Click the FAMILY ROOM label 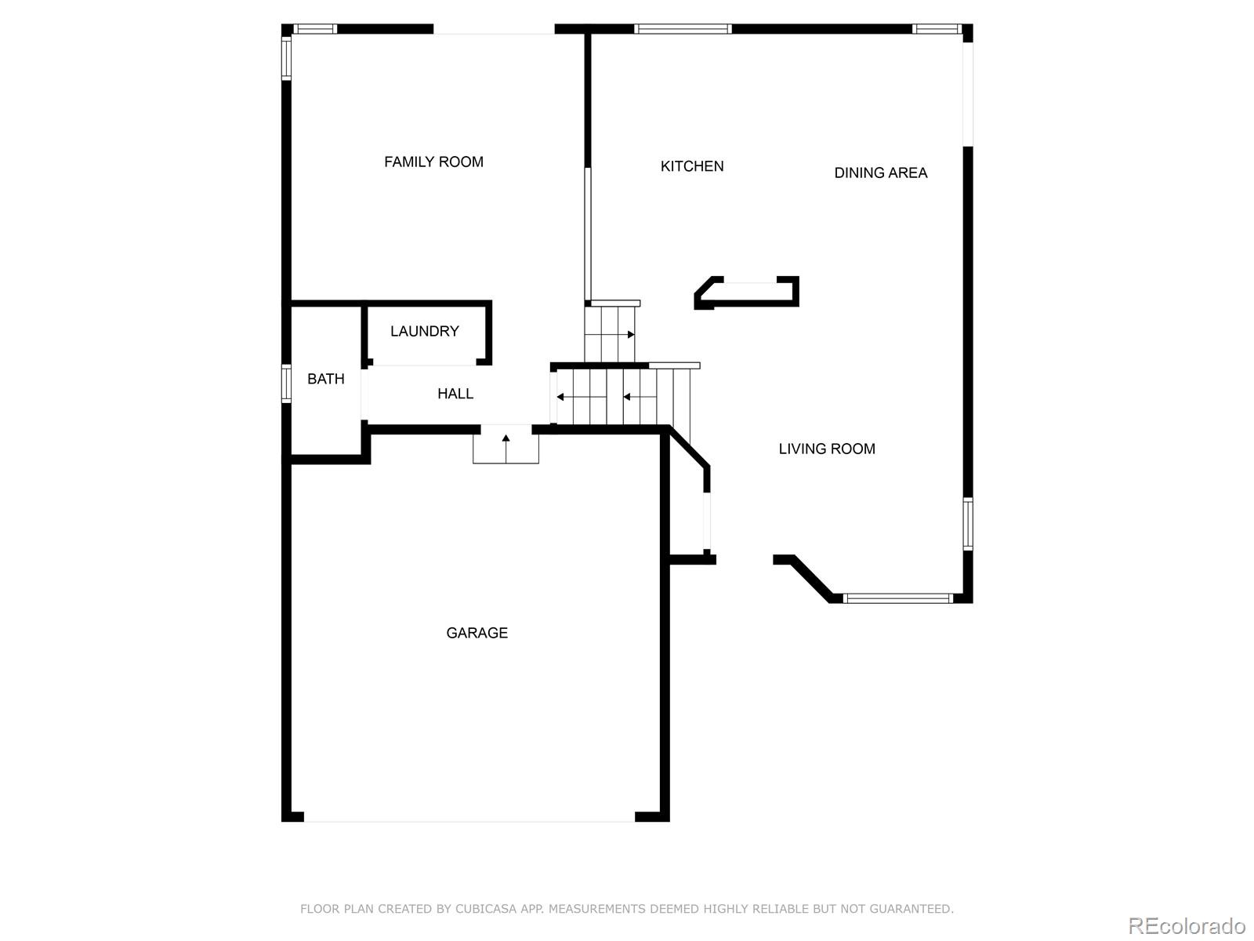tap(433, 162)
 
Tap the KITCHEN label tap(692, 166)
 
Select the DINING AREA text tap(880, 173)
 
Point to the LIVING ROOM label tap(826, 449)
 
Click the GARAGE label tap(477, 633)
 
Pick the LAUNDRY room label tap(424, 332)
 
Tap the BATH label tap(325, 380)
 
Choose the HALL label tap(455, 394)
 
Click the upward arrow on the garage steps tap(506, 438)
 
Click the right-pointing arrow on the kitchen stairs tap(630, 335)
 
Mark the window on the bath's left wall tap(286, 383)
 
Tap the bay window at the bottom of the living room tap(898, 598)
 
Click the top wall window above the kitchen tap(683, 30)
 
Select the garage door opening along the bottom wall tap(469, 820)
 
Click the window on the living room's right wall tap(967, 524)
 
